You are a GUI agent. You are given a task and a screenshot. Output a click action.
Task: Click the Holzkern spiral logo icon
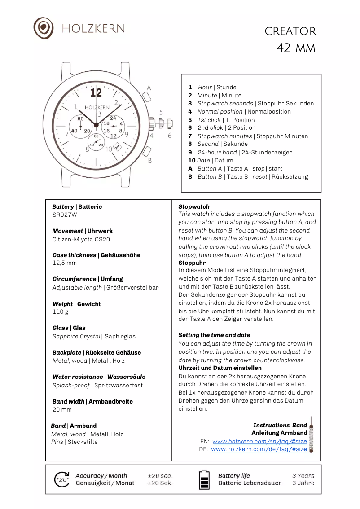point(44,28)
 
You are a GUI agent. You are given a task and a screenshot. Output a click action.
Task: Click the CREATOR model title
point(290,31)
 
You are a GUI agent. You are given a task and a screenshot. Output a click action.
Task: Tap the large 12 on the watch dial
point(96,92)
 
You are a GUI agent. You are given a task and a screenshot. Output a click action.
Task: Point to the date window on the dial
point(117,146)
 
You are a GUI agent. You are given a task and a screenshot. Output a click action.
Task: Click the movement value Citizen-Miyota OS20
point(81,239)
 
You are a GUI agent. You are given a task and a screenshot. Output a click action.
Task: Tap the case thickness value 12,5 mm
point(65,263)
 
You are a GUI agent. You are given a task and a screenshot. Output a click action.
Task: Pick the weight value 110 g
point(61,312)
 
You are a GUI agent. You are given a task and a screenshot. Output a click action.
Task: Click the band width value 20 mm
point(62,409)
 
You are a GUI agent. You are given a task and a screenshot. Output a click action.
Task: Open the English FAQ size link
point(259,442)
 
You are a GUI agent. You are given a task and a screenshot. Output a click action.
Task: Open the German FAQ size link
point(259,449)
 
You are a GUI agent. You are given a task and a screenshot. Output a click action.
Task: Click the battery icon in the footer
point(204,479)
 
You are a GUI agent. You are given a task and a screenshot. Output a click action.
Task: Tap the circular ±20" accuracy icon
point(62,479)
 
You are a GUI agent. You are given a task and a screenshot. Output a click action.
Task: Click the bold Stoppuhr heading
point(192,263)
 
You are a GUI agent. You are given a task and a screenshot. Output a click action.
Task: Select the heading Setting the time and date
point(214,335)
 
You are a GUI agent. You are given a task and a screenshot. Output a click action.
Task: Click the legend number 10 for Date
point(192,160)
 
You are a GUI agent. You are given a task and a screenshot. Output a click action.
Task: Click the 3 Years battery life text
point(303,476)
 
